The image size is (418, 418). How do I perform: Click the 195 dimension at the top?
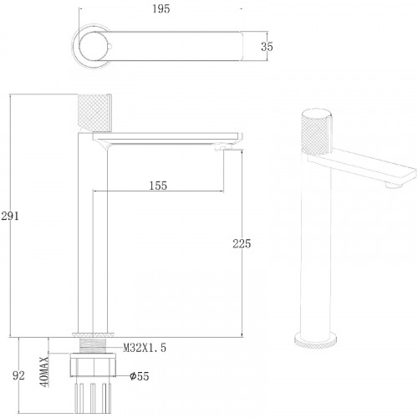point(161,9)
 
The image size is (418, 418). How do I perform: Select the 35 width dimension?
point(267,46)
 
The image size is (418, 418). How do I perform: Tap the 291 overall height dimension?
point(10,216)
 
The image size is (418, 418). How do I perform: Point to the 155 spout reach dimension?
point(158,186)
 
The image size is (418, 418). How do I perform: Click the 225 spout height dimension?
point(242,243)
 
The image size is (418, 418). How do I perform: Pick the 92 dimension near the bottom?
point(18,375)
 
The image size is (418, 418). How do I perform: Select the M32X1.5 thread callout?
point(145,348)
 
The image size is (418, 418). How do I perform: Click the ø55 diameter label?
point(140,376)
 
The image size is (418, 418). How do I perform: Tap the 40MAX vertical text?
point(44,371)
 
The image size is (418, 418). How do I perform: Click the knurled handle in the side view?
point(94,113)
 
